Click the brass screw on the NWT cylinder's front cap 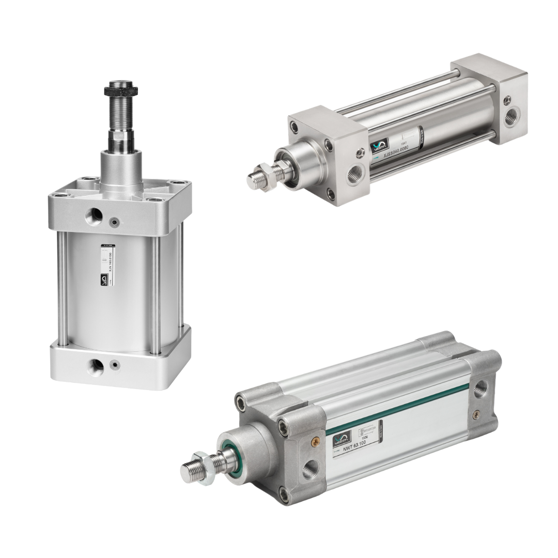point(313,440)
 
